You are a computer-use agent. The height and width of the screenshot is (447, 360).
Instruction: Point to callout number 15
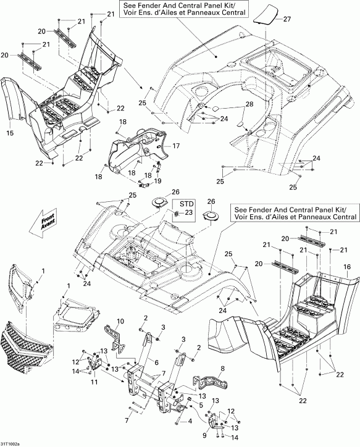pyautogui.click(x=9, y=133)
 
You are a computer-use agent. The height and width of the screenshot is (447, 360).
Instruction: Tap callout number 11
pyautogui.click(x=94, y=382)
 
